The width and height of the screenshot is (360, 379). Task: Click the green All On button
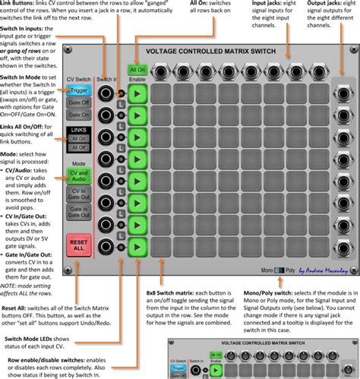pyautogui.click(x=137, y=70)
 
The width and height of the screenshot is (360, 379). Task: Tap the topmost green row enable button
pyautogui.click(x=137, y=93)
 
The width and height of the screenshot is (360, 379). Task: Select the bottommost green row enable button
pyautogui.click(x=137, y=247)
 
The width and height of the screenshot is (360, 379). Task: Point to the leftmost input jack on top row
pyautogui.click(x=163, y=71)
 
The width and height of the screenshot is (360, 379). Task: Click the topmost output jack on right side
pyautogui.click(x=338, y=93)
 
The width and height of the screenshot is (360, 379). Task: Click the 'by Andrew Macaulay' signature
pyautogui.click(x=324, y=269)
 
